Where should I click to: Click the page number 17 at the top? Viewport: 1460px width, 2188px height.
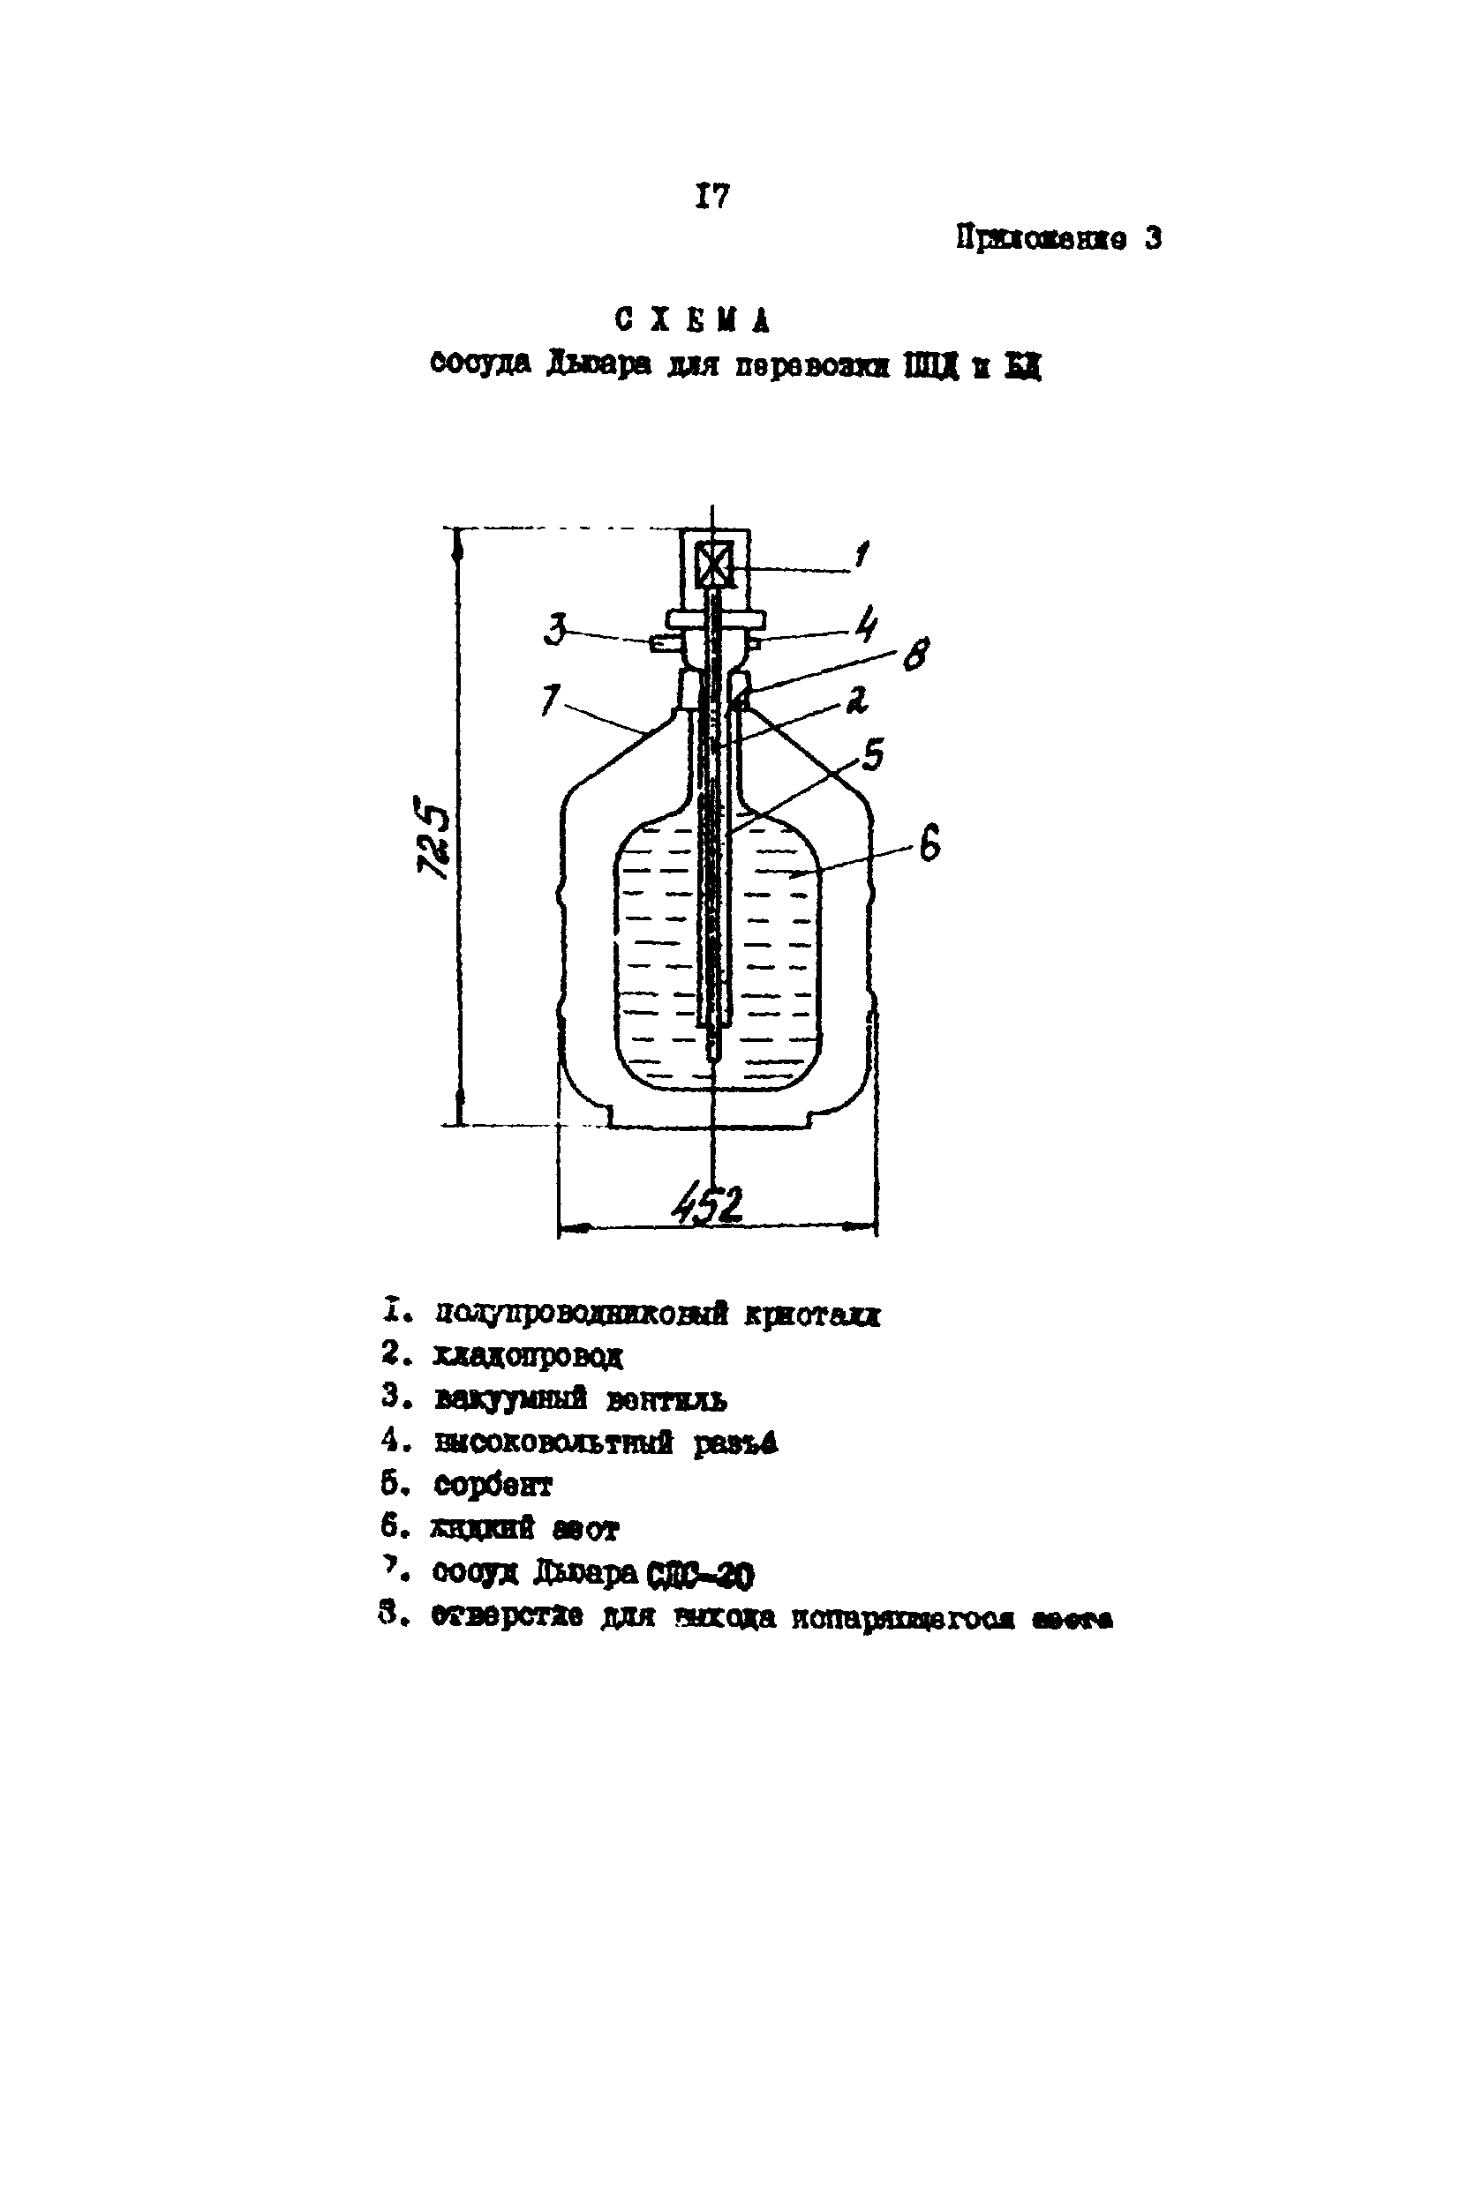pyautogui.click(x=712, y=197)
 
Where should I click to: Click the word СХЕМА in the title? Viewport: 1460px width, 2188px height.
pyautogui.click(x=693, y=320)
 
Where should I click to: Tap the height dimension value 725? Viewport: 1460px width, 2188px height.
pyautogui.click(x=433, y=835)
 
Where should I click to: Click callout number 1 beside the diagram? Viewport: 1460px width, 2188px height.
pyautogui.click(x=862, y=556)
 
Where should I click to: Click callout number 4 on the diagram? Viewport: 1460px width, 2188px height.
pyautogui.click(x=866, y=624)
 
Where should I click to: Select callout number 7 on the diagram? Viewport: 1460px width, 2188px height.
pyautogui.click(x=551, y=699)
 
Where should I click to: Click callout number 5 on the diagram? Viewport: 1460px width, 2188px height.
pyautogui.click(x=871, y=753)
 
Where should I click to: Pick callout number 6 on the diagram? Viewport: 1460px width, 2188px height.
pyautogui.click(x=929, y=845)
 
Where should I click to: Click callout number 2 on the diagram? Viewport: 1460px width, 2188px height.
pyautogui.click(x=855, y=699)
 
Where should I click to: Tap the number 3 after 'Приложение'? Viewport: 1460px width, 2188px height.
pyautogui.click(x=1153, y=239)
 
